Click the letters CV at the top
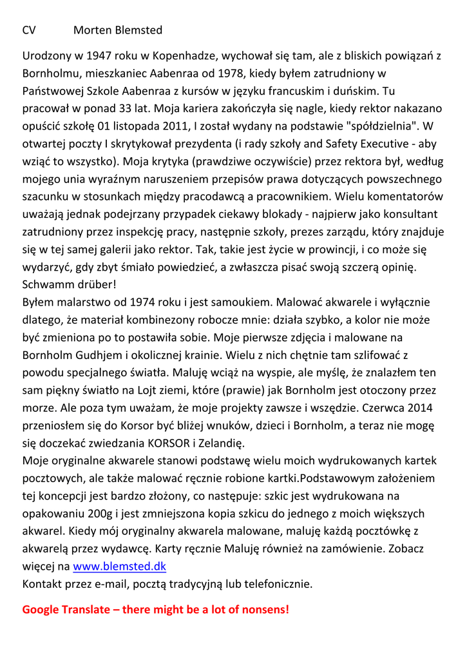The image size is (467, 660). (x=29, y=30)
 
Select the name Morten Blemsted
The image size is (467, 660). (x=118, y=30)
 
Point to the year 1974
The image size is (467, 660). (x=144, y=302)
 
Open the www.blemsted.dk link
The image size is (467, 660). (x=120, y=567)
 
